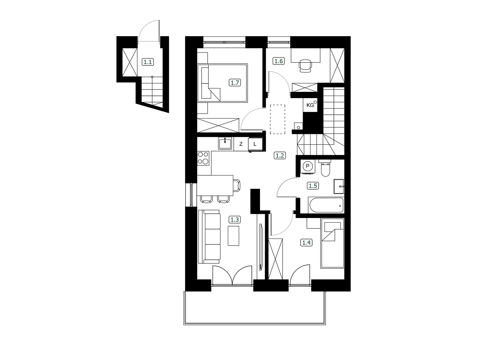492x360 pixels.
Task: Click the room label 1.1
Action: [x=148, y=62]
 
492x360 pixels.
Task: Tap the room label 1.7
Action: [x=235, y=83]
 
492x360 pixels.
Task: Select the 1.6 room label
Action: [x=279, y=61]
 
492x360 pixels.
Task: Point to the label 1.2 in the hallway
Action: [x=280, y=156]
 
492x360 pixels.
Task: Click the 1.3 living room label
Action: [x=235, y=220]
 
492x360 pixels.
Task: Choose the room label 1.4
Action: [x=306, y=243]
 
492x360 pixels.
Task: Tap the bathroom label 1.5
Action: [x=313, y=186]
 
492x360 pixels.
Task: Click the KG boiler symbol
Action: [x=310, y=105]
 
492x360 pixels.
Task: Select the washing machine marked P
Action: [x=307, y=166]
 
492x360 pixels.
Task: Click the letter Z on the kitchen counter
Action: [x=241, y=144]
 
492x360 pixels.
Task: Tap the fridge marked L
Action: [x=255, y=144]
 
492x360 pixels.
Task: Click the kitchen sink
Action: [x=225, y=143]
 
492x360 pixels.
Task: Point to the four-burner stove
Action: [x=203, y=158]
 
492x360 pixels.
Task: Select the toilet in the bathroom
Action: [x=325, y=168]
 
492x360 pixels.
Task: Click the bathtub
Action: [x=326, y=206]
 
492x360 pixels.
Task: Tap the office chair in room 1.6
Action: [x=305, y=66]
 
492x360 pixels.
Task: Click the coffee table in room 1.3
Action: [x=233, y=236]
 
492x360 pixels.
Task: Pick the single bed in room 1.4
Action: [x=332, y=243]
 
